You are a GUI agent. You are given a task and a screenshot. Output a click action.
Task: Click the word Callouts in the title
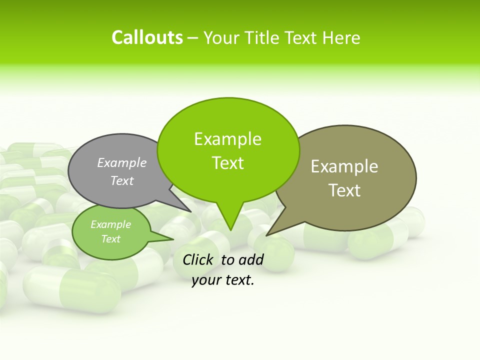click(147, 37)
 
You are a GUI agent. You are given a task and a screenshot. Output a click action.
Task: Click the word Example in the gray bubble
click(122, 162)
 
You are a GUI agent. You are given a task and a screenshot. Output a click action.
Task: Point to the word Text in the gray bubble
click(122, 180)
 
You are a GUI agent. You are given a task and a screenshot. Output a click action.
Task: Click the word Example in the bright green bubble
click(227, 139)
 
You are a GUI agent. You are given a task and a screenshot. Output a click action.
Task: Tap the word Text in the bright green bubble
click(227, 163)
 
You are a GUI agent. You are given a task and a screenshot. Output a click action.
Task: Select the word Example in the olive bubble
click(344, 166)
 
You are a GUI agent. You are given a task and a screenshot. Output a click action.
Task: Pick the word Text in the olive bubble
click(344, 190)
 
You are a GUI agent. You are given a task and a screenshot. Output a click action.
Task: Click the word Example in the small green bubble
click(111, 224)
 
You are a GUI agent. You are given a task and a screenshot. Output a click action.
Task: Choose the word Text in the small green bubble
click(111, 239)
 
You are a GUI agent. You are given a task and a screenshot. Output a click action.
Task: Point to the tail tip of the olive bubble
click(268, 234)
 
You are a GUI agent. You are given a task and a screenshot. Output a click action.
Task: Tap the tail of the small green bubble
click(167, 238)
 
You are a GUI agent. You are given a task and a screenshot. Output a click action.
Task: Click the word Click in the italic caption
click(198, 259)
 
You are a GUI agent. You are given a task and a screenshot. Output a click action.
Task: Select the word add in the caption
click(251, 259)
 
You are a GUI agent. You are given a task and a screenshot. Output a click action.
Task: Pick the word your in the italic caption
click(205, 280)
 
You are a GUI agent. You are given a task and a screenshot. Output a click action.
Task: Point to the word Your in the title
click(222, 37)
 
